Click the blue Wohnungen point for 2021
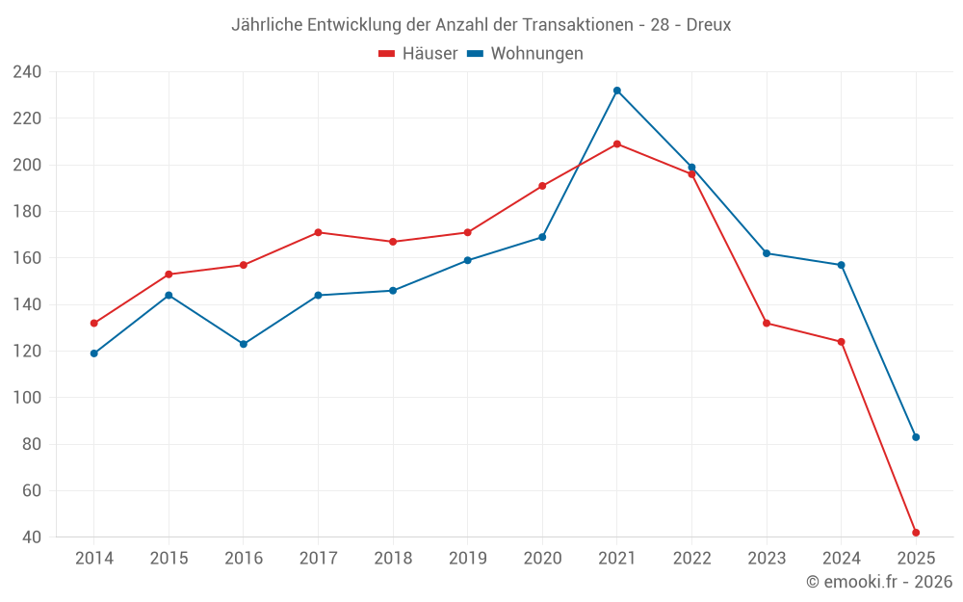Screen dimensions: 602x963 point(617,91)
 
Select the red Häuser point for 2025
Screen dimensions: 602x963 point(916,533)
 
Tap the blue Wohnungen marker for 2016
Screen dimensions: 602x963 point(244,344)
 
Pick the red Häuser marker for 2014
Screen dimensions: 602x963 point(94,324)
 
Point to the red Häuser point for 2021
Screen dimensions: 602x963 point(617,144)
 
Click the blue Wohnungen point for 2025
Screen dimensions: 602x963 point(916,437)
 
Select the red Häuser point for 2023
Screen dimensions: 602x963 point(767,324)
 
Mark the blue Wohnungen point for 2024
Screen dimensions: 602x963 point(842,265)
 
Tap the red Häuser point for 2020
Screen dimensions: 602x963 point(542,186)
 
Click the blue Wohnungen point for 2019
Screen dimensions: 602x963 point(468,260)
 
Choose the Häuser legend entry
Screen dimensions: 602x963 point(418,54)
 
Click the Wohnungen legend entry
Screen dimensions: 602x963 point(525,54)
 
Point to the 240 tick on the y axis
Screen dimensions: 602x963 point(27,72)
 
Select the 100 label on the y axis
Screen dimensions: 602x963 point(27,398)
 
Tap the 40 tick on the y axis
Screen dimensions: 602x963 point(32,537)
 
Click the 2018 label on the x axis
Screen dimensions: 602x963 point(393,559)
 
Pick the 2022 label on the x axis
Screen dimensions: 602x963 point(691,559)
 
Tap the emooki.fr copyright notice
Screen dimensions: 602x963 point(879,582)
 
